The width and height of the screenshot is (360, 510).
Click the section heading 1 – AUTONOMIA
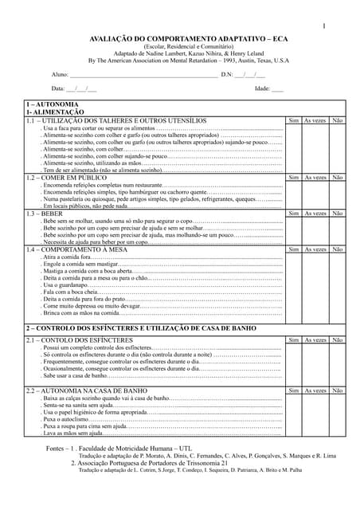pyautogui.click(x=53, y=104)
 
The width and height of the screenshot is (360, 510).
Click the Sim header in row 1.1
pyautogui.click(x=293, y=120)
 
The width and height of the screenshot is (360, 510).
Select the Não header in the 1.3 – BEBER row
pyautogui.click(x=338, y=214)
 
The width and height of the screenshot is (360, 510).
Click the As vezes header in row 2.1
pyautogui.click(x=315, y=339)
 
